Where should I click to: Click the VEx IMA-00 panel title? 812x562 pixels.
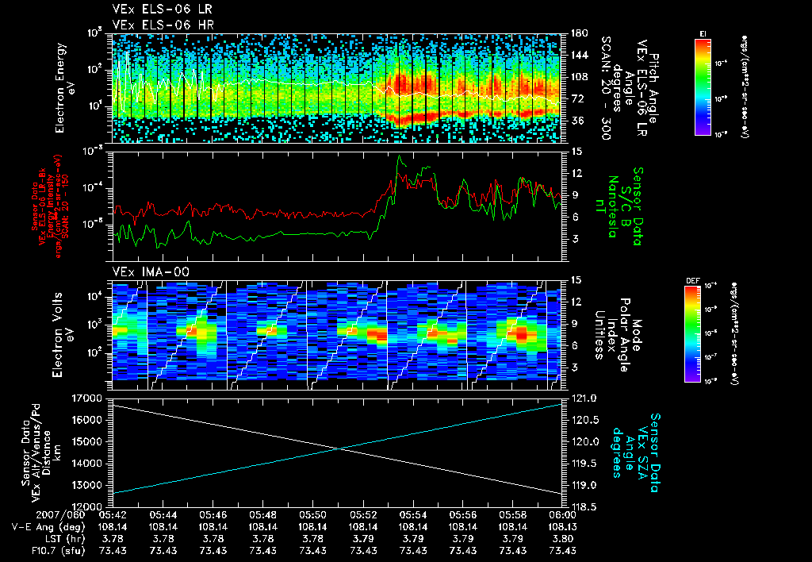(146, 271)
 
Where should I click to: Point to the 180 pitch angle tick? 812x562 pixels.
(576, 33)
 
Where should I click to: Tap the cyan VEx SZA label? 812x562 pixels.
(642, 450)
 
